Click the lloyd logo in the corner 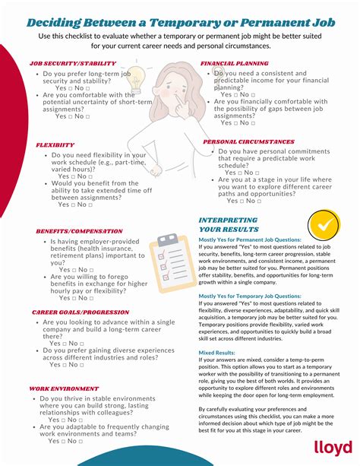330,449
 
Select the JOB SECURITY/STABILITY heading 73,64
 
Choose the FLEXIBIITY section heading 55,144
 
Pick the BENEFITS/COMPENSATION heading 79,231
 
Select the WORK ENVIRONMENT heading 64,388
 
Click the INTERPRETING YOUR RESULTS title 228,224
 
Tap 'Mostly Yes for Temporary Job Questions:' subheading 249,296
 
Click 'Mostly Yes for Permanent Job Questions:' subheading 250,239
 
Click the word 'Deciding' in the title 58,22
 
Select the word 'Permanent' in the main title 255,22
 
